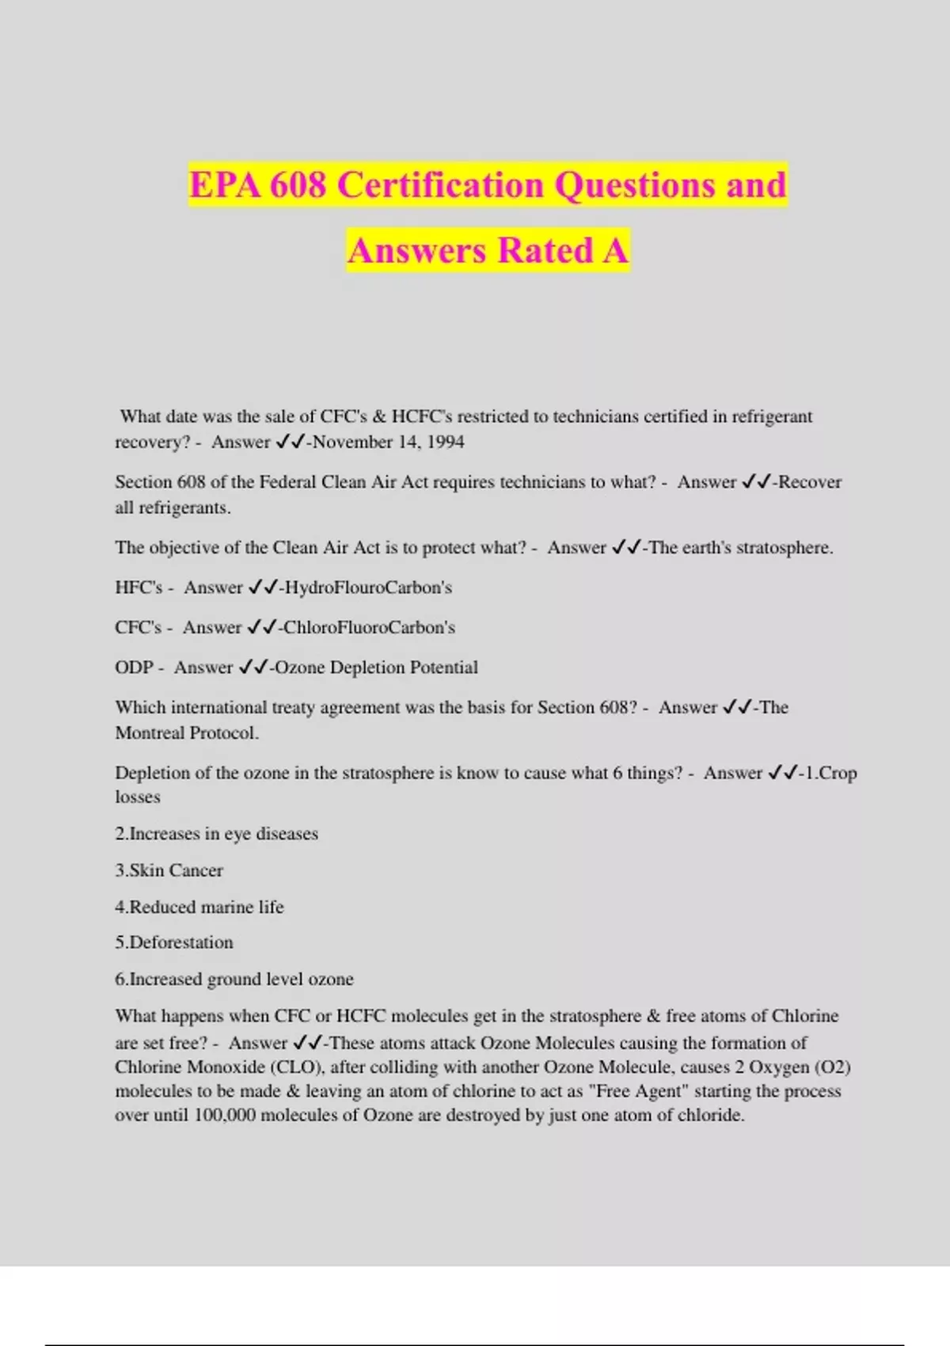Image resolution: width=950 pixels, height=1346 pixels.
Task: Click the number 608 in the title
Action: pos(298,185)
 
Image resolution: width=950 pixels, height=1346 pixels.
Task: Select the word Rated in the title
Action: pos(545,250)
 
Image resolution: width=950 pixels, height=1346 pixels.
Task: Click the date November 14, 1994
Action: pos(389,442)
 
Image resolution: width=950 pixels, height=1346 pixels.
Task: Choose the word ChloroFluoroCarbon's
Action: pos(369,627)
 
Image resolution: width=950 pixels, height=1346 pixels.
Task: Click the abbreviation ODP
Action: pos(134,667)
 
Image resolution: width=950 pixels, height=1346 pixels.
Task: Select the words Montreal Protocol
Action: pos(187,732)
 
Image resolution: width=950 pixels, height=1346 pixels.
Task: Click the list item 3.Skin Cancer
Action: pos(169,870)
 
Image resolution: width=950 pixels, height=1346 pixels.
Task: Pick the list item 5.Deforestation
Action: pos(174,942)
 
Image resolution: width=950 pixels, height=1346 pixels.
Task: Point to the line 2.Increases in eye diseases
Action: pos(216,834)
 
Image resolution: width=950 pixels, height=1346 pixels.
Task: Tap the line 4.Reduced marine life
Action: pos(199,907)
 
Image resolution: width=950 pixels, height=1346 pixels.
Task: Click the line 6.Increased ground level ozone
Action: pos(234,979)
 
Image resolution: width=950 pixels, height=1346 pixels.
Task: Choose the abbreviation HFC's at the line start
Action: pos(139,587)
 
